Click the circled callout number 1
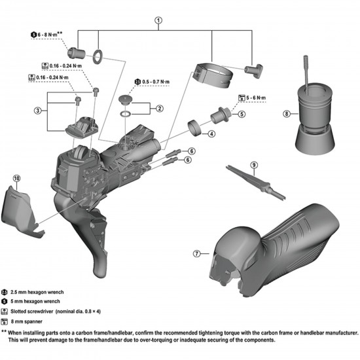click(x=158, y=20)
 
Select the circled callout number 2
click(x=160, y=109)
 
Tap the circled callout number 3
click(x=38, y=111)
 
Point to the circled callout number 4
click(x=211, y=134)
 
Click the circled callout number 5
click(x=242, y=114)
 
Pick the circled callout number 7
click(x=197, y=253)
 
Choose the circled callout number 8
click(x=287, y=114)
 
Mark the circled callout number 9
click(x=254, y=165)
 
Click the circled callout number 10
click(x=16, y=179)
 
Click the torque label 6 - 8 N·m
click(x=50, y=35)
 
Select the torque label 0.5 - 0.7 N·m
click(x=156, y=82)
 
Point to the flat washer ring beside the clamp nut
click(x=98, y=56)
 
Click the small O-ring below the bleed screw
click(x=126, y=114)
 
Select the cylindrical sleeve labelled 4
click(x=195, y=128)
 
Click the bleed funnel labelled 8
click(x=315, y=110)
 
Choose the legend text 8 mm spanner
click(x=27, y=321)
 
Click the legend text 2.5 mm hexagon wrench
click(x=37, y=293)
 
